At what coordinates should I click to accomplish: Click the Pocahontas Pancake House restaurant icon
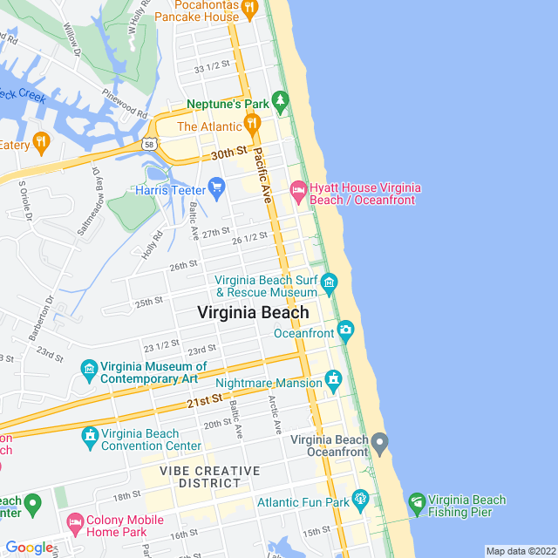pos(249,8)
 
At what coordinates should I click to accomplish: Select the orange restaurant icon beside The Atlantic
pos(252,126)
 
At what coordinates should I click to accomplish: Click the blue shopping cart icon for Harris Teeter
pos(217,187)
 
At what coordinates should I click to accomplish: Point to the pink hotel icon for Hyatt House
pos(298,190)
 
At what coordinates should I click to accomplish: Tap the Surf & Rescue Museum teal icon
pos(329,282)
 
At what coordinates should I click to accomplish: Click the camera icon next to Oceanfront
pos(346,330)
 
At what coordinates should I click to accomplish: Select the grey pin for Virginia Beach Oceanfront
pos(379,444)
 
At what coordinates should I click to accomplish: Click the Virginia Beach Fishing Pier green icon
pos(416,503)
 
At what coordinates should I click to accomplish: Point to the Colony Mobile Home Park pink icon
pos(76,522)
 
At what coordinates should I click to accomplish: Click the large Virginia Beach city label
pos(253,312)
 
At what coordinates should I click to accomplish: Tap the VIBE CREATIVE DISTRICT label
pos(209,477)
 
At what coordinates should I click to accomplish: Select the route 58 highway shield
pos(151,143)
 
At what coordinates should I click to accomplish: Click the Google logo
pos(29,548)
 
